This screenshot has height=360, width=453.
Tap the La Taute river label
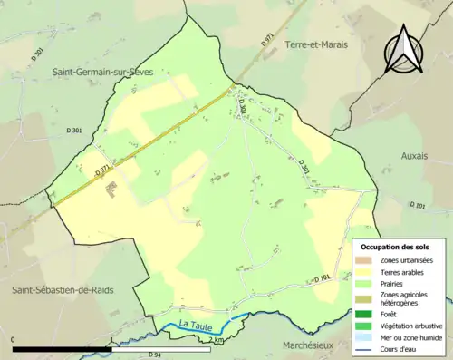[x=195, y=325]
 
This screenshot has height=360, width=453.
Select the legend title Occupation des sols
[x=395, y=246]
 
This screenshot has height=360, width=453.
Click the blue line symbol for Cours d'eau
[x=368, y=348]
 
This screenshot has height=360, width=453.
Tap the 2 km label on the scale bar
[x=215, y=339]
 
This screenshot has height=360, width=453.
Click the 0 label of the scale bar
[x=14, y=339]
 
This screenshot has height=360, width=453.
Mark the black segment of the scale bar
[x=61, y=348]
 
